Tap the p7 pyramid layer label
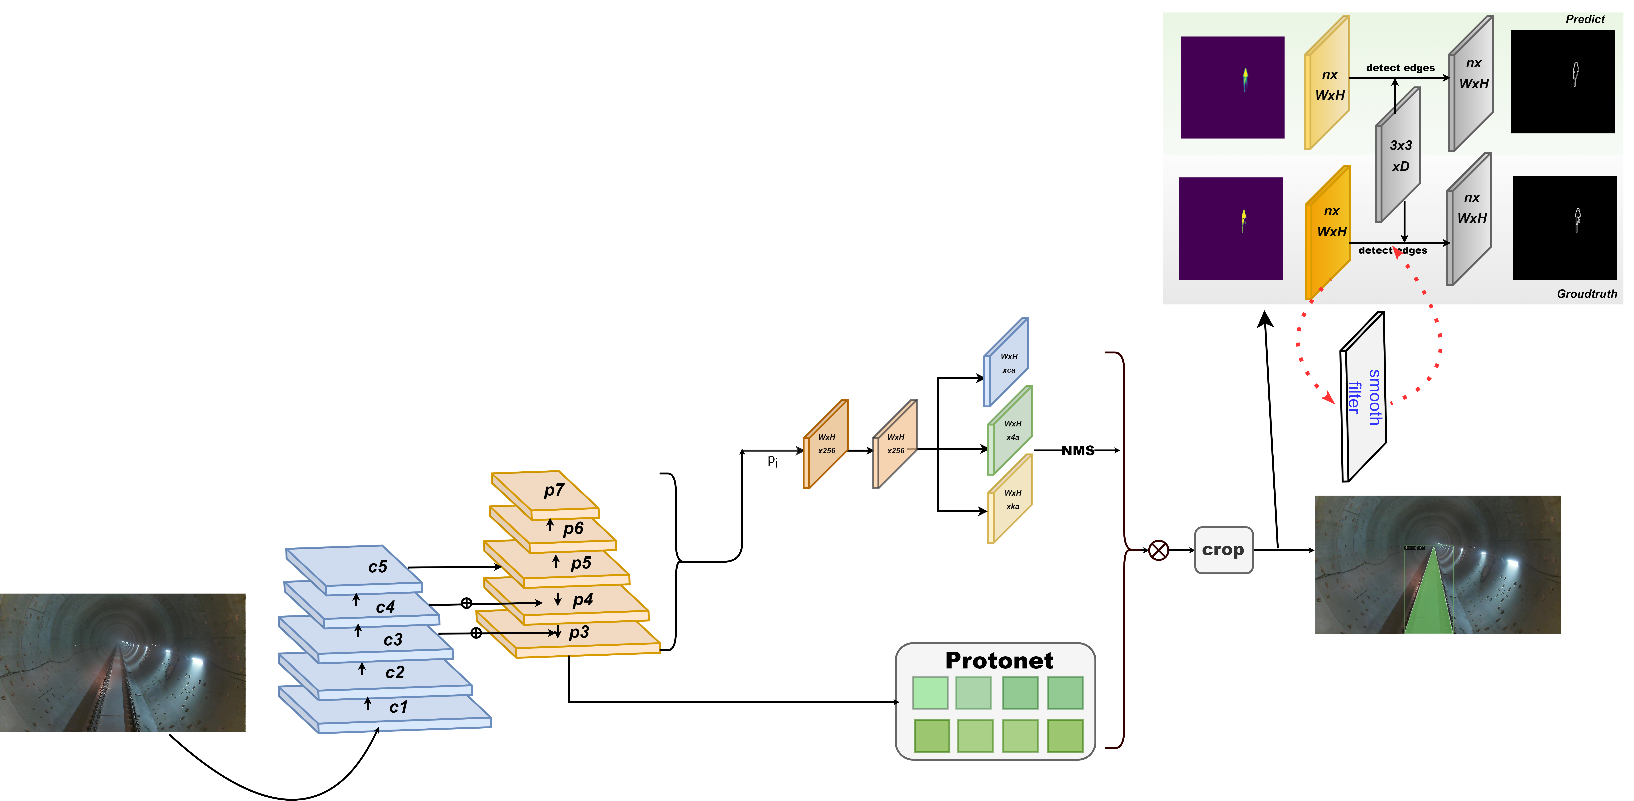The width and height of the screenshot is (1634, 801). click(554, 490)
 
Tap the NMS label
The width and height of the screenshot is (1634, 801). click(1078, 451)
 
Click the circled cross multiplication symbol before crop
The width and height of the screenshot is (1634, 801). click(1158, 550)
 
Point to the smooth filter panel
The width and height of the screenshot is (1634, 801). click(1364, 397)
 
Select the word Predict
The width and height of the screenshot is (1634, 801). click(1584, 19)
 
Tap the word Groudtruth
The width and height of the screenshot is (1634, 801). click(1586, 294)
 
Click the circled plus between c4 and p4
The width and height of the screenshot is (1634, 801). click(466, 603)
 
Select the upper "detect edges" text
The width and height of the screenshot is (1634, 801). click(1400, 68)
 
